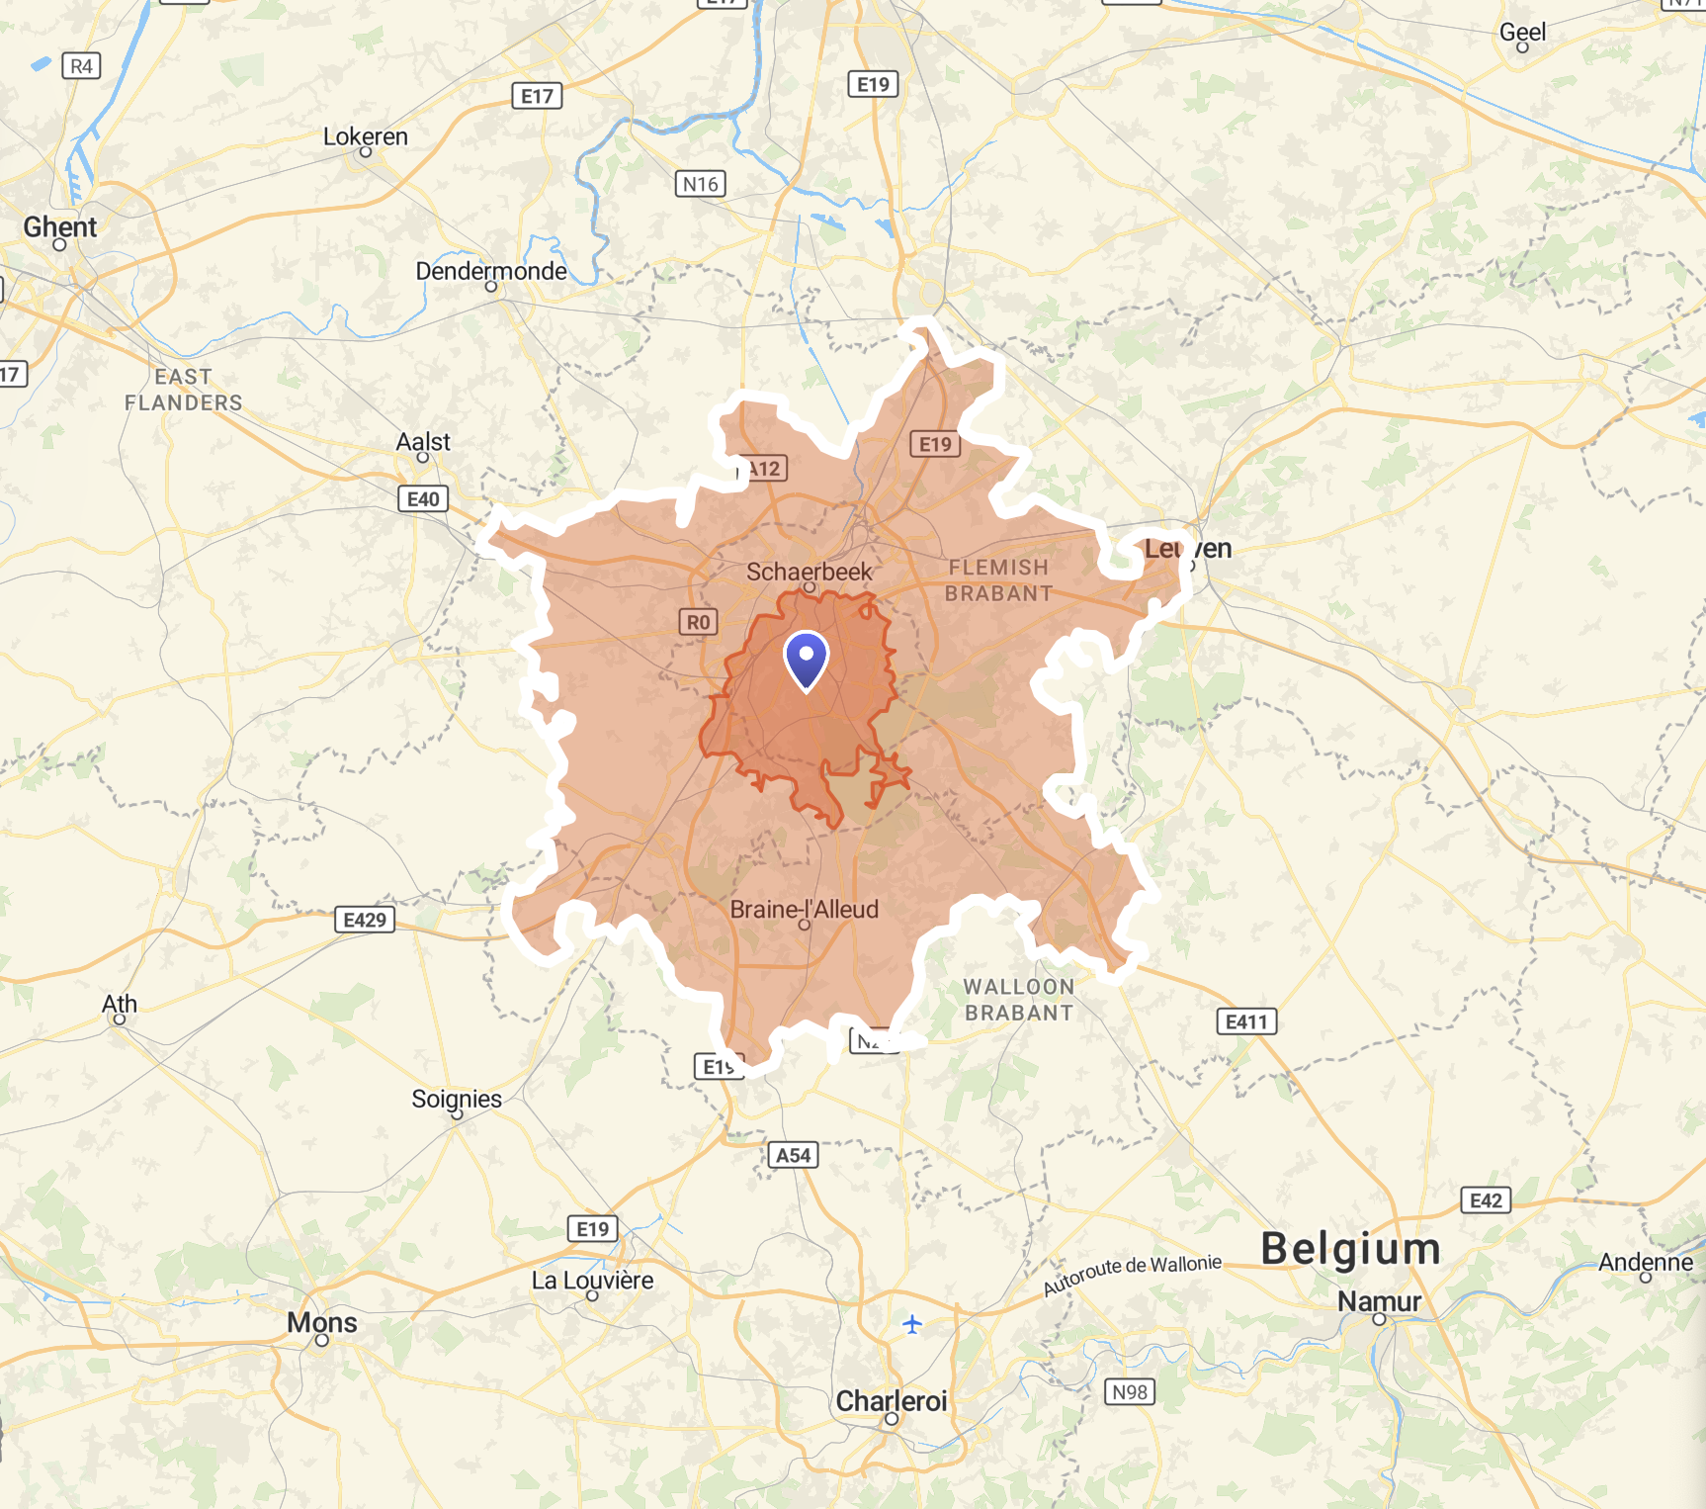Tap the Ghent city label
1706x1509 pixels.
pos(60,226)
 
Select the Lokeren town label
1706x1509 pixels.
pos(365,136)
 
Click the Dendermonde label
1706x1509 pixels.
pos(491,271)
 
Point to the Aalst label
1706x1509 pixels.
pos(423,442)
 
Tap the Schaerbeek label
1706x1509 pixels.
pos(809,572)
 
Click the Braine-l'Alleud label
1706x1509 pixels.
pos(804,909)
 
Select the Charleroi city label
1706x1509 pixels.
pos(891,1400)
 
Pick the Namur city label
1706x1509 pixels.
pos(1379,1301)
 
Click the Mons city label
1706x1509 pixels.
pos(321,1322)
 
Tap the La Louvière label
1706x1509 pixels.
pos(592,1281)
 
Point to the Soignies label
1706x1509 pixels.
pos(457,1099)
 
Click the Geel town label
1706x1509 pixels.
pos(1522,32)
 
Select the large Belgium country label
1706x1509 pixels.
pos(1350,1248)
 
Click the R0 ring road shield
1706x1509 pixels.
pos(698,622)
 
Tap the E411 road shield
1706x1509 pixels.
pos(1245,1021)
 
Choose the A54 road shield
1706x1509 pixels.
pos(793,1155)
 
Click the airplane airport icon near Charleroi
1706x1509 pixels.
pos(911,1323)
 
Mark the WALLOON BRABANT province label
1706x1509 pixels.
pos(1018,1000)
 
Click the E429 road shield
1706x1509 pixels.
pos(365,920)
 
